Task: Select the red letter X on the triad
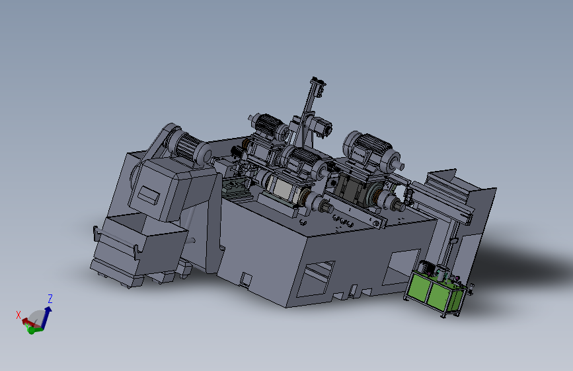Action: (19, 315)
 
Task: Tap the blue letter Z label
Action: (50, 299)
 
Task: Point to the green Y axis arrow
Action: (32, 329)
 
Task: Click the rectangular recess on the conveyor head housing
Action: (147, 196)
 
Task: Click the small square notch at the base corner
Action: (245, 278)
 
